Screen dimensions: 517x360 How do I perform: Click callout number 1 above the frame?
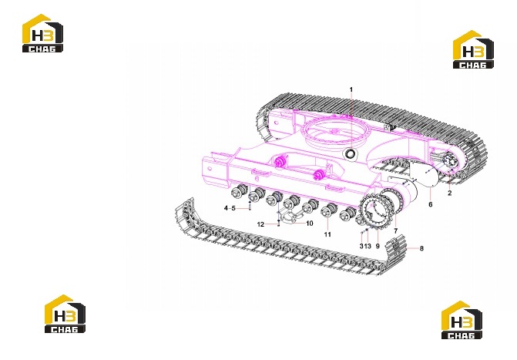351,89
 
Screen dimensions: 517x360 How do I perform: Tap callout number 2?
450,193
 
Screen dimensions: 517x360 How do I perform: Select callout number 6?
430,204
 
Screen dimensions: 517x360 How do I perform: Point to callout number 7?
396,231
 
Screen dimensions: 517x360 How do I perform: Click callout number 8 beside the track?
421,248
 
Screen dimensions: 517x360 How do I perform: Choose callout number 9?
378,246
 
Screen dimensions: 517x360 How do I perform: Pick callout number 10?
309,224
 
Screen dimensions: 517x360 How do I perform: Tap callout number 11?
327,234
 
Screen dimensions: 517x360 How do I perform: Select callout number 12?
260,224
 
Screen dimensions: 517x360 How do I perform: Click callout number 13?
368,246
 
